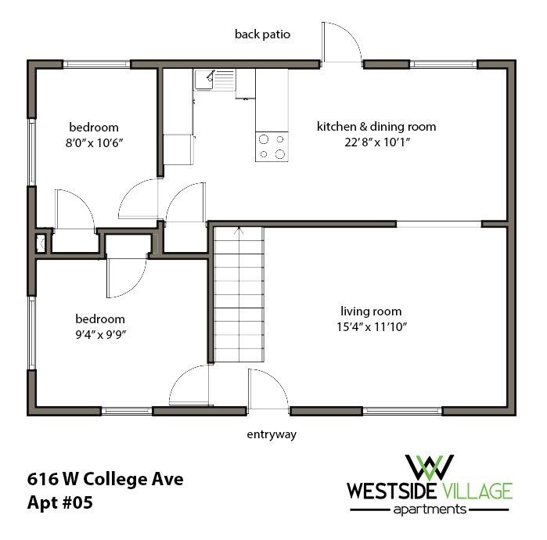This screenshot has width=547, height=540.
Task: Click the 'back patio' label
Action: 263,34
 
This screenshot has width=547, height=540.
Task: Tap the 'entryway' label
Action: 271,434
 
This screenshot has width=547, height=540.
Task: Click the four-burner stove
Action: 272,146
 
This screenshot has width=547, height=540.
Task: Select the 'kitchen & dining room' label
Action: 376,126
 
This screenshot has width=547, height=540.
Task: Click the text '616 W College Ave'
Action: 105,477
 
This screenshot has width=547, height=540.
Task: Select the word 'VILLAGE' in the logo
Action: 480,491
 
